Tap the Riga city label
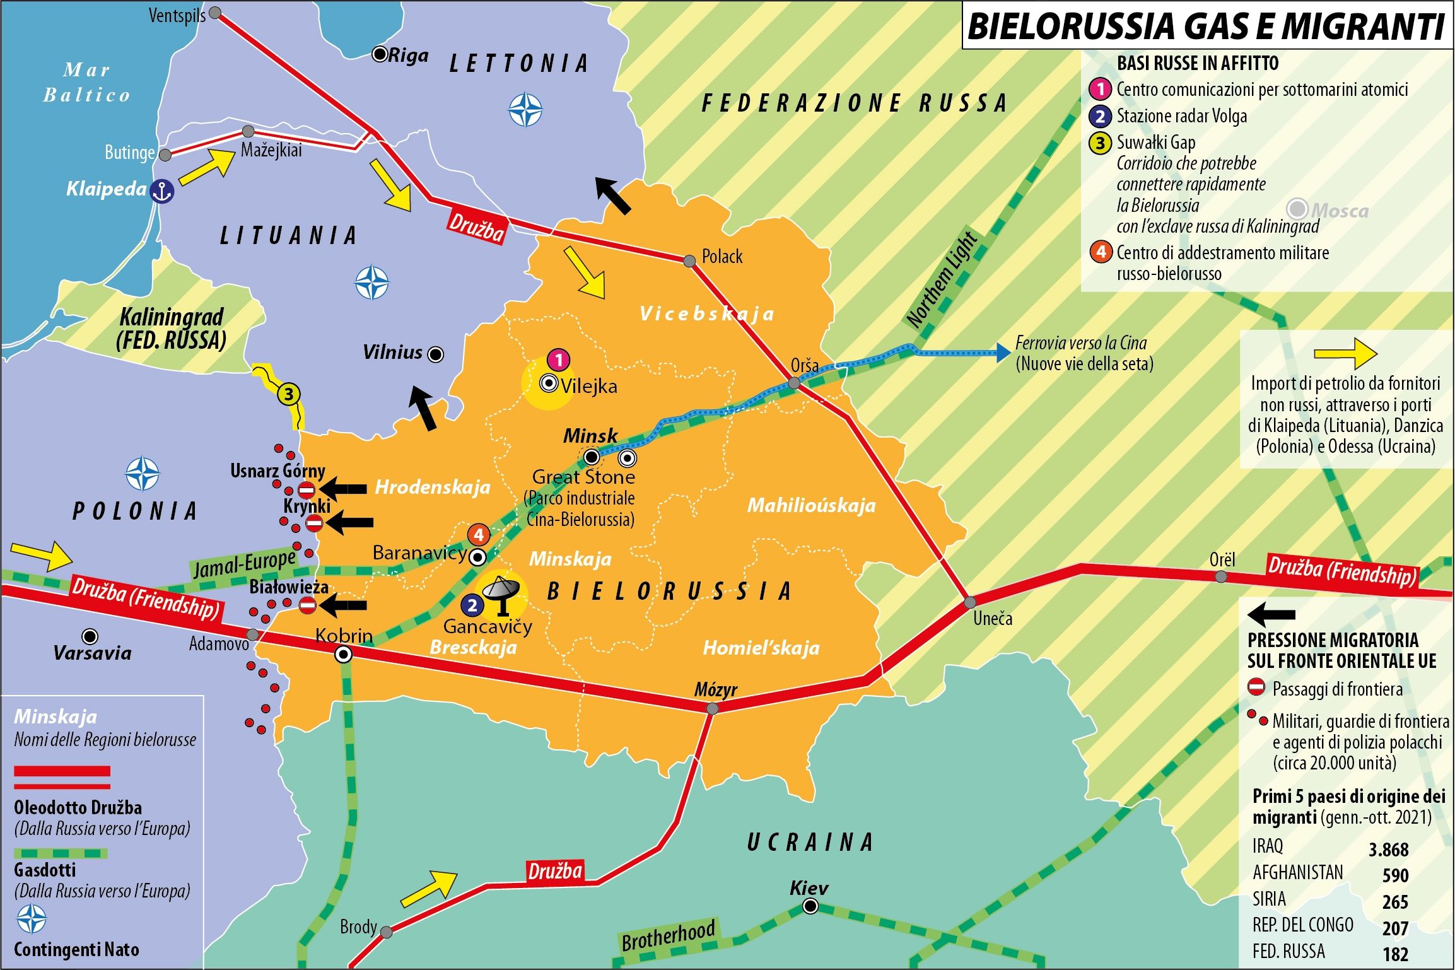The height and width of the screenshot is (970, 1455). coord(408,56)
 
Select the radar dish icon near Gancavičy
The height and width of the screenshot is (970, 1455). coord(501,593)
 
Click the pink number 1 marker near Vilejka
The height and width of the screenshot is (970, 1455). coord(558,360)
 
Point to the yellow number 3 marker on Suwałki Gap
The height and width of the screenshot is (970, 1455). coord(289,395)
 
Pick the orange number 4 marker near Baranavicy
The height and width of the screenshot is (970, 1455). coord(479,535)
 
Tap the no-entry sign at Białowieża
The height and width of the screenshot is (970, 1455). coord(307,605)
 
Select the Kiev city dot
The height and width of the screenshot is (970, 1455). coord(810,906)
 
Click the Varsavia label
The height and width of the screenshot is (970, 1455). coord(93,653)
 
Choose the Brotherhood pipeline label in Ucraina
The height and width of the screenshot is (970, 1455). coord(669,935)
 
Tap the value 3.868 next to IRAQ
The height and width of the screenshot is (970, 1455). coord(1388,850)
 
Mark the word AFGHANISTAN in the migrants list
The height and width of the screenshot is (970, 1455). coord(1297,872)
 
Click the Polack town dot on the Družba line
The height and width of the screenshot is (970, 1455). coord(689,260)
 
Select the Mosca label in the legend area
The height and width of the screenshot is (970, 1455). coord(1340,210)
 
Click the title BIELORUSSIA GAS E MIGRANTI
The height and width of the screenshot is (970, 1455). coord(1205,26)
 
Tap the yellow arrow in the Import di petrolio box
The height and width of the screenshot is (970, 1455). coord(1345,353)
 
